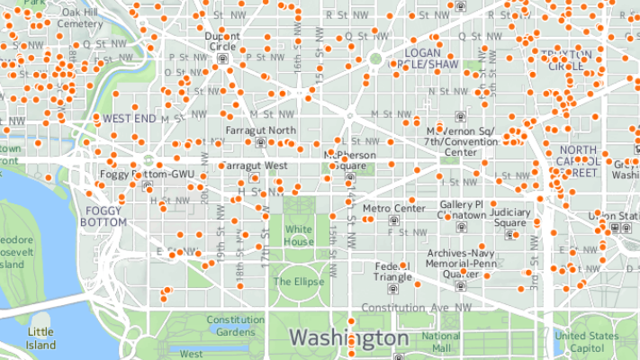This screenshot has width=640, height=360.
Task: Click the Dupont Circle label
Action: [222, 41]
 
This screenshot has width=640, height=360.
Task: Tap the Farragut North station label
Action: [260, 130]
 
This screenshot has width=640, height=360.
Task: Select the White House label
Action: [298, 236]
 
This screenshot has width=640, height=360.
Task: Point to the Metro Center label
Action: [393, 208]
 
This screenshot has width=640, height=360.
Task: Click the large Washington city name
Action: [348, 337]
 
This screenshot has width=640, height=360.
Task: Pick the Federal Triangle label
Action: [392, 272]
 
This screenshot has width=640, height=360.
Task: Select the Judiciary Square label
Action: [509, 218]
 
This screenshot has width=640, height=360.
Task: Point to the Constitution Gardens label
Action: [235, 325]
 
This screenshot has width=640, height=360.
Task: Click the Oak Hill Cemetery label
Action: [80, 19]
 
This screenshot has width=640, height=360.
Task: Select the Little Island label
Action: [41, 338]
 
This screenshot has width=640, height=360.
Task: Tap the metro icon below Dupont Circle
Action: [222, 59]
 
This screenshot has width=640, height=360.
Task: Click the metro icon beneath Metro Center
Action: [393, 220]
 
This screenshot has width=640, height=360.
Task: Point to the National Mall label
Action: [441, 342]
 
